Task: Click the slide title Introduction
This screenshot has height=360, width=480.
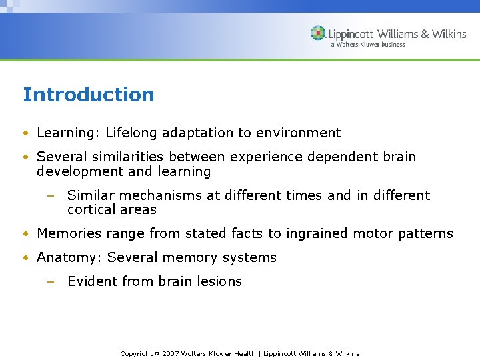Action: (88, 95)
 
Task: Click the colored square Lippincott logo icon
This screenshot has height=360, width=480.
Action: (318, 33)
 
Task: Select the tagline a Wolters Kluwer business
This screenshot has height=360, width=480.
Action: (367, 45)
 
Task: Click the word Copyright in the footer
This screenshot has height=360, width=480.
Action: (136, 353)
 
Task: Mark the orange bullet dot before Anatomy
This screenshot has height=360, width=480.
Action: (25, 258)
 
